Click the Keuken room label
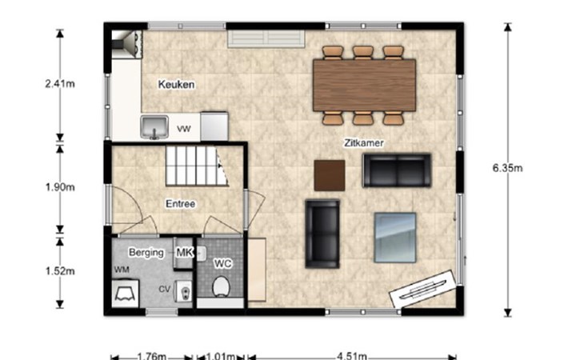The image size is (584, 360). (x=176, y=85)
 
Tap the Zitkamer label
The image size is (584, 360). (x=363, y=143)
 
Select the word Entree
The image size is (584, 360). (x=181, y=204)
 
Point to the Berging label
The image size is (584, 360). (x=146, y=253)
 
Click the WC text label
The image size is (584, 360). (x=222, y=263)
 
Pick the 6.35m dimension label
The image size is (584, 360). (x=508, y=168)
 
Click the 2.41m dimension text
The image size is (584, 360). (x=60, y=84)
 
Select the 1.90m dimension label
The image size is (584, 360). (x=60, y=187)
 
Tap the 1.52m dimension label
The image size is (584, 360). (x=60, y=271)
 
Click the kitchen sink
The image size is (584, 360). (x=154, y=127)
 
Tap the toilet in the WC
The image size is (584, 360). (x=221, y=286)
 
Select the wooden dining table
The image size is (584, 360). (x=364, y=86)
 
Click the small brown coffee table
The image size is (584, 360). (x=330, y=175)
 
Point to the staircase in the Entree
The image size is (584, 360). (x=197, y=166)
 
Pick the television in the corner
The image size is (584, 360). (x=423, y=290)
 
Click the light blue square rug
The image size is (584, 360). (x=395, y=238)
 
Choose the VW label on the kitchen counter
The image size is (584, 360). (x=184, y=129)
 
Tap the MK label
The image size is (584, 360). (x=184, y=253)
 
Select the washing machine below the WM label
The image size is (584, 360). (x=125, y=294)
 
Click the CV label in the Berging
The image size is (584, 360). (x=164, y=290)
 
